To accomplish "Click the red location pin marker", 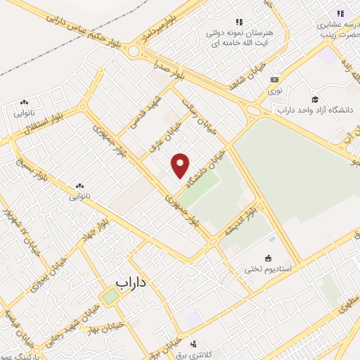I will [x=181, y=165].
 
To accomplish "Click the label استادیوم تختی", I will [x=271, y=269].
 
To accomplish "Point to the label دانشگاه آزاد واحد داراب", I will [x=316, y=110].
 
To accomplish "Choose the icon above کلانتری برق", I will [x=193, y=343].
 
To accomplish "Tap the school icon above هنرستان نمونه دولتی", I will [x=238, y=22].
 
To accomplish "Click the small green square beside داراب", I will [x=110, y=296].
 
